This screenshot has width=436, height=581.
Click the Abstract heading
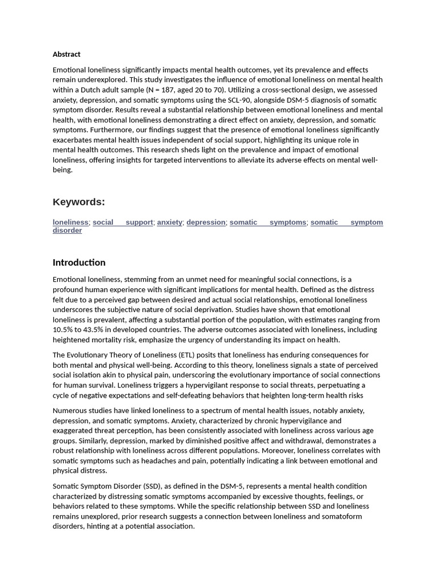tap(66, 54)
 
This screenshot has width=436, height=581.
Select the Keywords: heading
tap(79, 202)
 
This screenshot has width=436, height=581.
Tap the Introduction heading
tap(79, 263)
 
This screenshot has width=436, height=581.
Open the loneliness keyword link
tap(70, 222)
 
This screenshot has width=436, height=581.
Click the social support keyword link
tap(123, 222)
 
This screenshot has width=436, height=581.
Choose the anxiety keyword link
tap(170, 222)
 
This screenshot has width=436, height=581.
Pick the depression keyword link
tap(206, 222)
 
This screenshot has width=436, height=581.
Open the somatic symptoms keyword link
tap(268, 222)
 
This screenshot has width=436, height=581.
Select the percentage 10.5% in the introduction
tap(63, 330)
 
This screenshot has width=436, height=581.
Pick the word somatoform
tap(339, 516)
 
